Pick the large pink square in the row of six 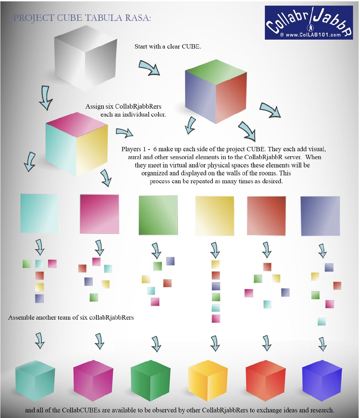click(x=99, y=214)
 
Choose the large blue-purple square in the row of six click(x=320, y=216)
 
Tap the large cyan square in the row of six click(x=40, y=213)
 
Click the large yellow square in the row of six click(x=215, y=216)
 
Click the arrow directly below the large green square click(x=156, y=251)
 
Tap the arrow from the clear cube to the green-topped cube click(x=149, y=68)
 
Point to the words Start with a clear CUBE click(x=167, y=47)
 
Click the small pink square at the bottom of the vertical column click(x=216, y=319)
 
